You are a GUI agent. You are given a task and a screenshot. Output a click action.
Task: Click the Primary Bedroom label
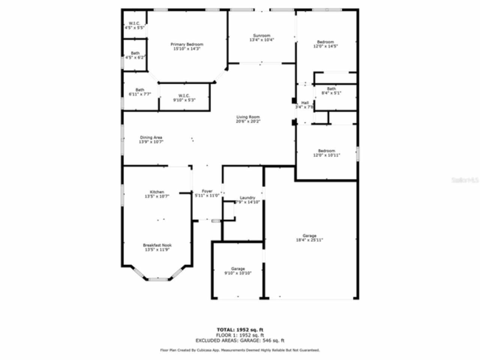[187, 44]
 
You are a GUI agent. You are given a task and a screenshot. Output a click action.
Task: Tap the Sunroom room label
[261, 36]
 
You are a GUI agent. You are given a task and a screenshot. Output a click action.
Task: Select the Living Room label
[248, 117]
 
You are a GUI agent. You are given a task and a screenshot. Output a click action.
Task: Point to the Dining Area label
[151, 138]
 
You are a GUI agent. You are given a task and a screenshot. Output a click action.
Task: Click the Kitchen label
[157, 192]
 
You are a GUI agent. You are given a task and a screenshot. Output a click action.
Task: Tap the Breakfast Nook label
[157, 245]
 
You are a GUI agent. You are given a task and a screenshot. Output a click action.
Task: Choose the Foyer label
[207, 191]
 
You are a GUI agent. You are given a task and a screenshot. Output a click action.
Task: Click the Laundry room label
[247, 198]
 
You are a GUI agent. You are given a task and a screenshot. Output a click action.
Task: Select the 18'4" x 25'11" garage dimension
[309, 240]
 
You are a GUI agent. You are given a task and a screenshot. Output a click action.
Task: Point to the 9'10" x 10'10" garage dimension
[238, 273]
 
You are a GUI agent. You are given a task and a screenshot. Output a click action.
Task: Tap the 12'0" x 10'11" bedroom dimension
[326, 155]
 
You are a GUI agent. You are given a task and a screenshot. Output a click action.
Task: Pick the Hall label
[305, 103]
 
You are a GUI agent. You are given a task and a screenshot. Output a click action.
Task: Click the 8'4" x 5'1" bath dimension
[331, 93]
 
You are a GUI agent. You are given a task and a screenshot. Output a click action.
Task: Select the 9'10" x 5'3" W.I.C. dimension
[184, 100]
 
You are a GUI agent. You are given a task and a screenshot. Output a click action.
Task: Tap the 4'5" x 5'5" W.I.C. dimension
[134, 28]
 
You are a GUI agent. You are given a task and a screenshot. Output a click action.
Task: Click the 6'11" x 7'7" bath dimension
[139, 94]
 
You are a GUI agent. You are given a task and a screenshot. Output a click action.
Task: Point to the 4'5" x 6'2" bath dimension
[135, 57]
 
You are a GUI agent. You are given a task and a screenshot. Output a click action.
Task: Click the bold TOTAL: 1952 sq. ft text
[240, 330]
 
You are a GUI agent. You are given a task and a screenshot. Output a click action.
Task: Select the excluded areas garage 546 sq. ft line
[240, 340]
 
